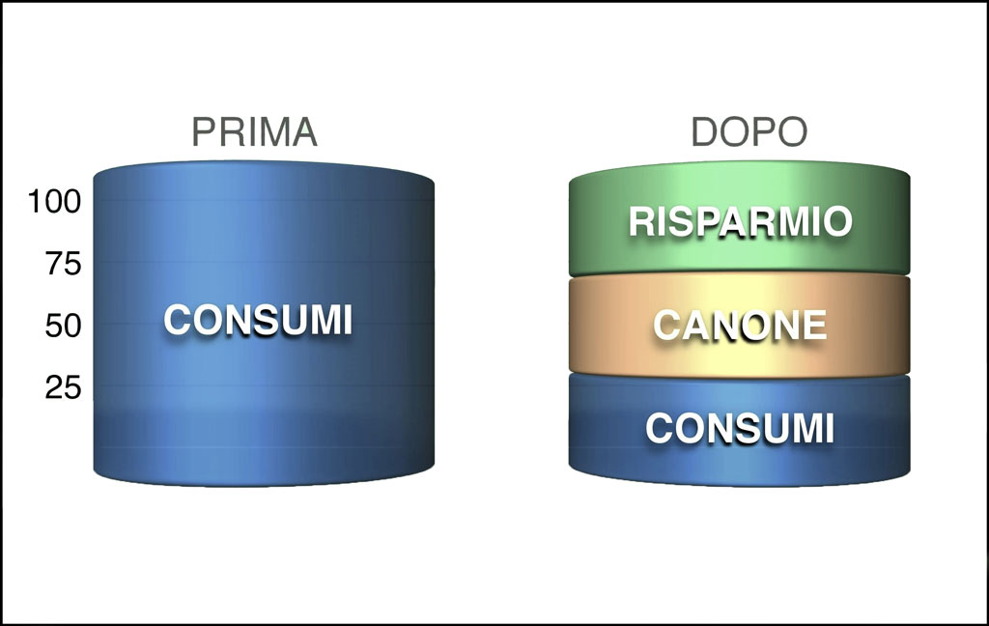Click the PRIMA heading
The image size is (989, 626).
coord(254,132)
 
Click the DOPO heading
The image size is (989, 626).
coord(749,132)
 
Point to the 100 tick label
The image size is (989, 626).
coord(55,202)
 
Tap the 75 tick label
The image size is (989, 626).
coord(63,264)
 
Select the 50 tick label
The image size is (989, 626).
coord(63,326)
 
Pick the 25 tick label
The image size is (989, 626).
coord(63,386)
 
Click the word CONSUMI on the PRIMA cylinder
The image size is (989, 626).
coord(258,320)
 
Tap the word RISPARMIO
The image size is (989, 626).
coord(741,221)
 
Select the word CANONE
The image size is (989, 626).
coord(740,325)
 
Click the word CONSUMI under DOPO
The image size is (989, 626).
coord(740,429)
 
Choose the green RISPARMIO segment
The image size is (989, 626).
coord(739,218)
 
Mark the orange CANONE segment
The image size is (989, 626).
coord(739,325)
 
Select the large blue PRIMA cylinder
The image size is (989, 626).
coord(264,324)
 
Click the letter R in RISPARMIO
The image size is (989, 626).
coord(642,221)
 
